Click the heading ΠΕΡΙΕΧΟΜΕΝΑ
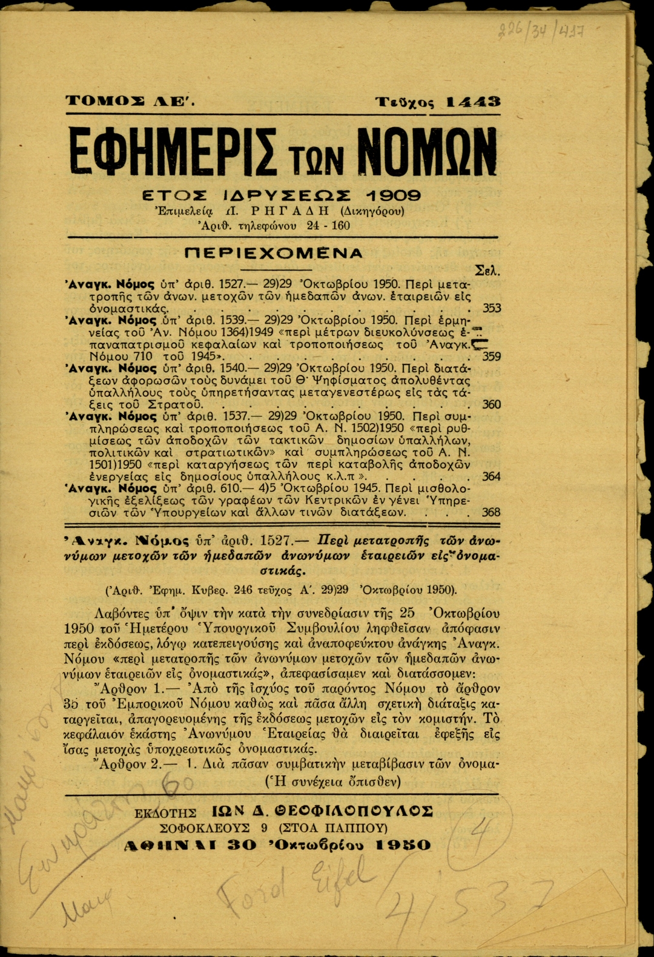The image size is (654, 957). pyautogui.click(x=274, y=253)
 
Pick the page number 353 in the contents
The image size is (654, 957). pyautogui.click(x=491, y=308)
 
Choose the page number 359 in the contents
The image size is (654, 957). pyautogui.click(x=491, y=357)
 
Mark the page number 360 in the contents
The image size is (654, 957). pyautogui.click(x=491, y=404)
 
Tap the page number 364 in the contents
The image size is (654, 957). pyautogui.click(x=491, y=476)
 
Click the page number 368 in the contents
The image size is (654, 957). pyautogui.click(x=491, y=512)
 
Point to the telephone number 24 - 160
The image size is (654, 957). pyautogui.click(x=328, y=226)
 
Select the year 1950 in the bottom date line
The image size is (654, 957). pyautogui.click(x=403, y=845)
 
